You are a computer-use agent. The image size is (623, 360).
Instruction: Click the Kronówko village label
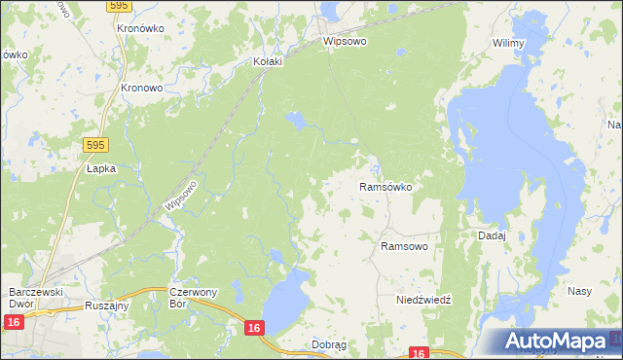tap(139, 29)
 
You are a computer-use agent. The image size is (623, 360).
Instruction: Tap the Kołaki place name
tap(268, 61)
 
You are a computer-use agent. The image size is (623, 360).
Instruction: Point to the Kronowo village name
tap(140, 87)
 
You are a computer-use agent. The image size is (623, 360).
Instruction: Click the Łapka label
tap(100, 168)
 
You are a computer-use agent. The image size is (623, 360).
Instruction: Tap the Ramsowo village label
tap(404, 247)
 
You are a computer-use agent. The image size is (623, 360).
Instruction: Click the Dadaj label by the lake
tap(492, 235)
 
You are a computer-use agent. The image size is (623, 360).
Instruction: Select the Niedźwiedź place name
tap(424, 301)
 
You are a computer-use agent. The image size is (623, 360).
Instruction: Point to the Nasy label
tap(579, 291)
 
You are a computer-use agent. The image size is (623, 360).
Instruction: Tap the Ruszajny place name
tap(108, 304)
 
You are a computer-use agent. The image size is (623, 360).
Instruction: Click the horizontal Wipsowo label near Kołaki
tap(345, 44)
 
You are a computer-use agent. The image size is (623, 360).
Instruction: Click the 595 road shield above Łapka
tap(94, 145)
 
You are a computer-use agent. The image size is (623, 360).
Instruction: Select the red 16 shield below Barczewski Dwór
tap(14, 322)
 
